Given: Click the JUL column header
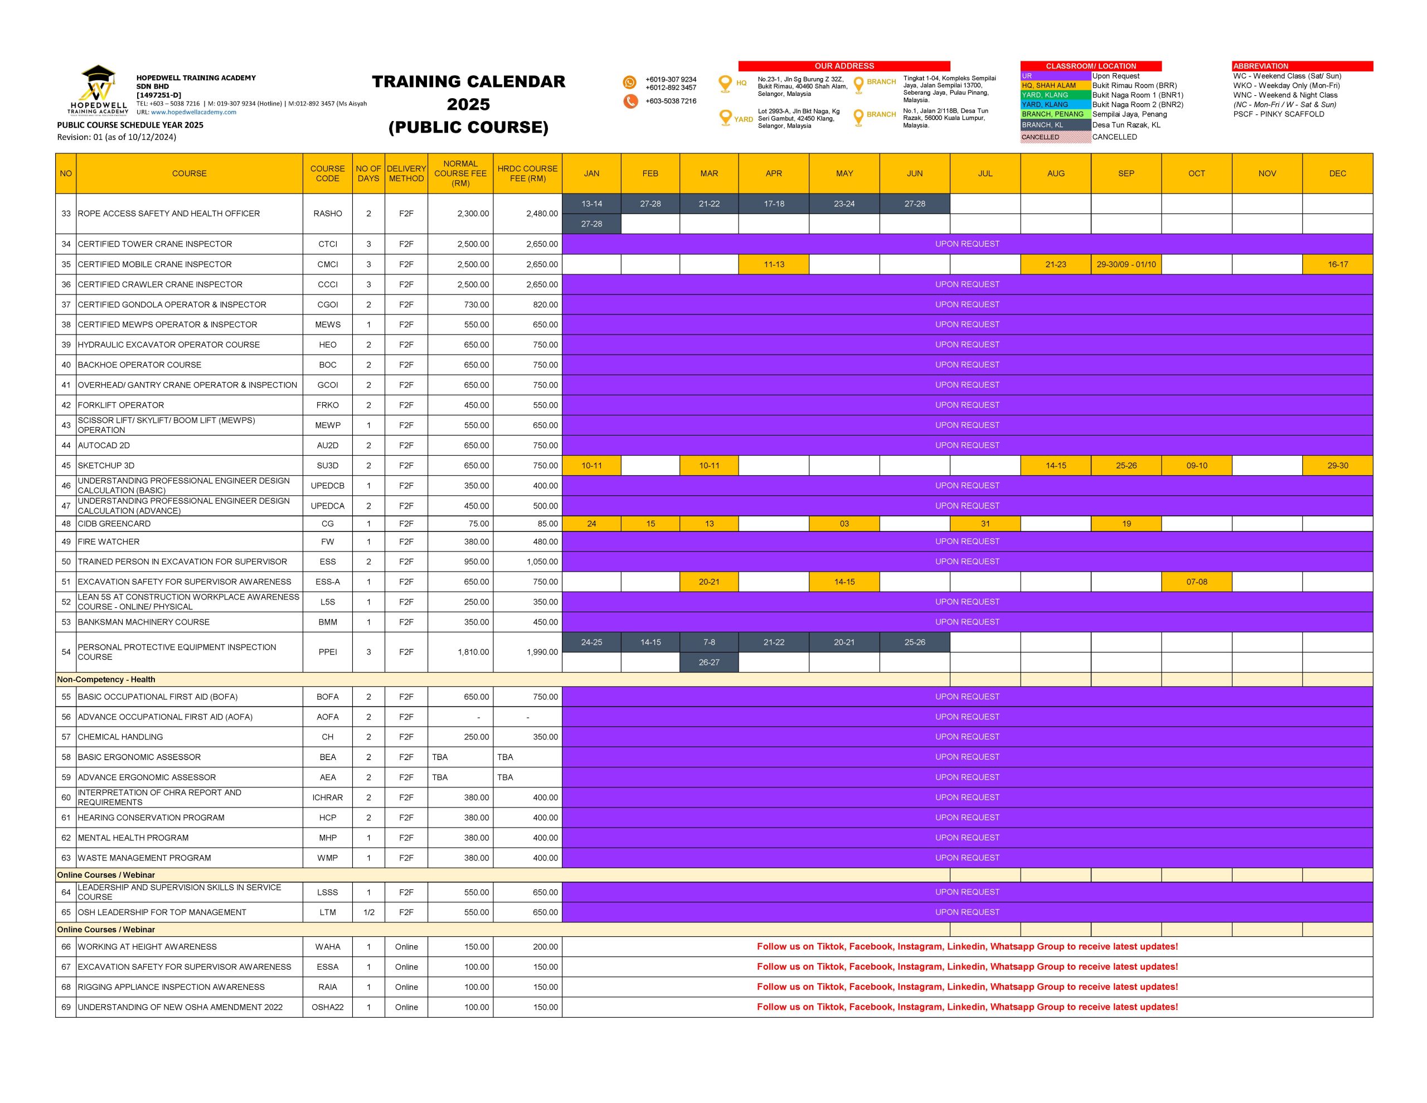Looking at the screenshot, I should pyautogui.click(x=984, y=173).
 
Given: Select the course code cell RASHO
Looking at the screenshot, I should pyautogui.click(x=327, y=214).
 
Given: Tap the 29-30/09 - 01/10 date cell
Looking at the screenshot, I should pyautogui.click(x=1126, y=264).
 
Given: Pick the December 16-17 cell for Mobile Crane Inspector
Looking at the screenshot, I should pyautogui.click(x=1337, y=264).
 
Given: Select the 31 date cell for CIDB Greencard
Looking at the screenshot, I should pyautogui.click(x=984, y=524).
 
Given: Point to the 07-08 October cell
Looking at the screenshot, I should pyautogui.click(x=1196, y=582).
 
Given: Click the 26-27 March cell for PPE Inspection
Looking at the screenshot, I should pyautogui.click(x=709, y=662).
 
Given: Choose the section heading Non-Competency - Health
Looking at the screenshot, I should pyautogui.click(x=106, y=679).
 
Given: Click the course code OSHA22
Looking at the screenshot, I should pyautogui.click(x=327, y=1007).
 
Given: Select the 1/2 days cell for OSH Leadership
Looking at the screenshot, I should pyautogui.click(x=368, y=912).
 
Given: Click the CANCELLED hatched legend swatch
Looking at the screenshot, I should pyautogui.click(x=1055, y=137).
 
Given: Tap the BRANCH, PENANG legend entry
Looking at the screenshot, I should pyautogui.click(x=1055, y=114).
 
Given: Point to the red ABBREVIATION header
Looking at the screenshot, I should pyautogui.click(x=1302, y=66).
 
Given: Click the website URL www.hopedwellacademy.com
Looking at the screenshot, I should pyautogui.click(x=193, y=112).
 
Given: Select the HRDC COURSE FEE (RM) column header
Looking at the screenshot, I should pyautogui.click(x=527, y=173).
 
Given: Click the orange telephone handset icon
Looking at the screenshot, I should pyautogui.click(x=630, y=101).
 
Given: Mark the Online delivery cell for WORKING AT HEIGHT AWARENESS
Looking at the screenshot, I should pyautogui.click(x=406, y=947).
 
